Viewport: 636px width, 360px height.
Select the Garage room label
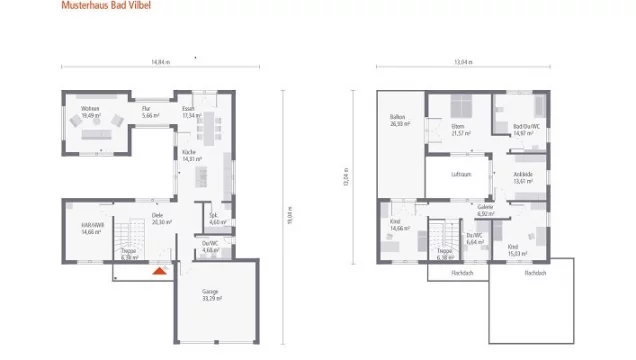click(x=210, y=295)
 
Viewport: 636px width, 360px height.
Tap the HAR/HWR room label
click(x=92, y=228)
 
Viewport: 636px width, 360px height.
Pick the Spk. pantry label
click(x=214, y=219)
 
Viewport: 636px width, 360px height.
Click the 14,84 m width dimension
click(x=160, y=63)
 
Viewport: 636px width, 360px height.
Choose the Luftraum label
click(x=460, y=173)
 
